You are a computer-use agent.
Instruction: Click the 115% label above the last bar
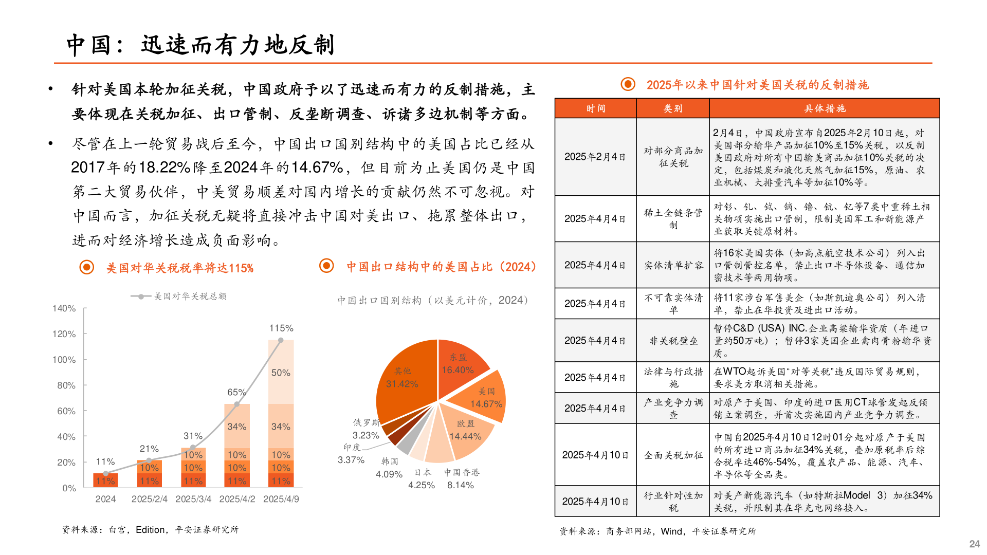pyautogui.click(x=281, y=328)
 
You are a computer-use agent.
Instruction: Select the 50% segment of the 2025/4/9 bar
pyautogui.click(x=281, y=373)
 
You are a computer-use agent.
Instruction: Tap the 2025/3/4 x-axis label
pyautogui.click(x=193, y=499)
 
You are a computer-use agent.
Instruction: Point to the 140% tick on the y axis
pyautogui.click(x=64, y=308)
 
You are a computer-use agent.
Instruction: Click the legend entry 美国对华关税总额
pyautogui.click(x=190, y=296)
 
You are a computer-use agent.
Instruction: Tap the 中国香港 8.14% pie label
pyautogui.click(x=461, y=478)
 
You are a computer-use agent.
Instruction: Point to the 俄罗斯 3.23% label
pyautogui.click(x=366, y=429)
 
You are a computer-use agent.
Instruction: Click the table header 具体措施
pyautogui.click(x=825, y=108)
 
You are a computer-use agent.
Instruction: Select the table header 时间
pyautogui.click(x=596, y=108)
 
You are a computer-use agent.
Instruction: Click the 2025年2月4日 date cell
pyautogui.click(x=595, y=157)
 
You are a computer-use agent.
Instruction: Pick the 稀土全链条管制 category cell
pyautogui.click(x=673, y=219)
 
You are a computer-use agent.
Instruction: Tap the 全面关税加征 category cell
pyautogui.click(x=673, y=455)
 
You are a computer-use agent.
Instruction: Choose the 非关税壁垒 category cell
pyautogui.click(x=673, y=341)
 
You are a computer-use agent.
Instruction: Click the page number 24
pyautogui.click(x=974, y=544)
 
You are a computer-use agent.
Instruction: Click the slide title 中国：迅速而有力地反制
pyautogui.click(x=200, y=45)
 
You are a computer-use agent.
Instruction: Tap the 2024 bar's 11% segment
pyautogui.click(x=105, y=481)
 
